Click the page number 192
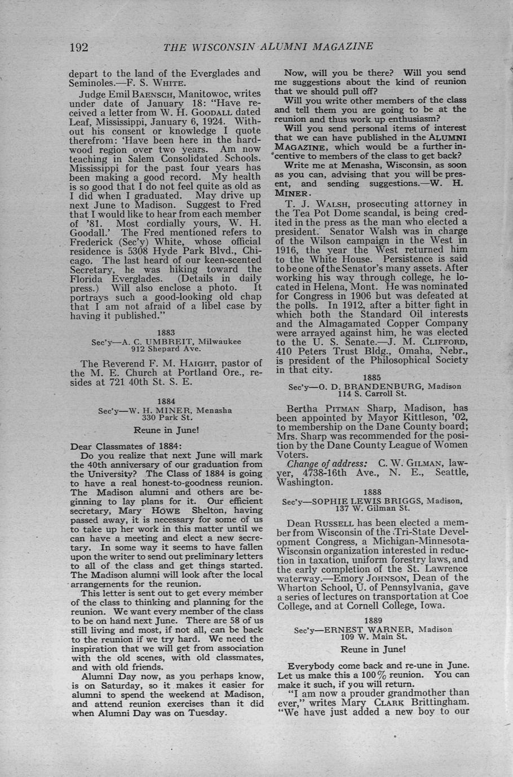[x=79, y=47]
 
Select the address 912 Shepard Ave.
[x=166, y=349]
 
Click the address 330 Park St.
[x=167, y=418]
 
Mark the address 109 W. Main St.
[x=373, y=637]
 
